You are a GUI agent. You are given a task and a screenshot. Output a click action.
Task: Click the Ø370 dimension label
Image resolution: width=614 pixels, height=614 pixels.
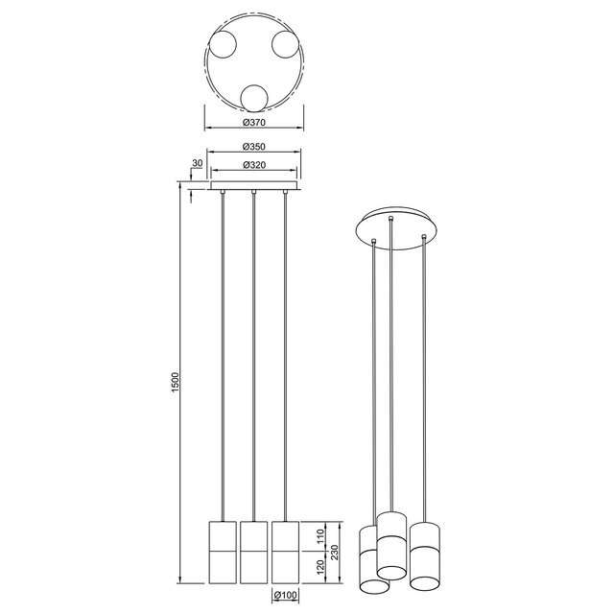coord(254,123)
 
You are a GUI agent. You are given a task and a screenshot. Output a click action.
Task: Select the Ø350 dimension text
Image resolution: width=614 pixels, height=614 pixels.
coord(254,147)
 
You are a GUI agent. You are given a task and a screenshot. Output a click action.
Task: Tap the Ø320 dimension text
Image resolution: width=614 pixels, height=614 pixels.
coord(254,165)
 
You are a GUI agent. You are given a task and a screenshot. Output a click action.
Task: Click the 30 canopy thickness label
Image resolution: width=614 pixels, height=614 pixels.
coord(197,163)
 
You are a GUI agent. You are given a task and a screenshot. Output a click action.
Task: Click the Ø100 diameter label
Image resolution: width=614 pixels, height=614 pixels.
coord(286,597)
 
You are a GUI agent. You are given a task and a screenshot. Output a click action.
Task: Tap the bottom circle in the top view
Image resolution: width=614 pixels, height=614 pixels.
coord(254,97)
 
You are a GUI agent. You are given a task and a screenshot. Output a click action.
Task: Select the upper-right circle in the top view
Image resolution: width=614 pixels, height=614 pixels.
coord(285,44)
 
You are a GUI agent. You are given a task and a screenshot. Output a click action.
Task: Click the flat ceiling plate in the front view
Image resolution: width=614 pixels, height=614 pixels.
coord(254,184)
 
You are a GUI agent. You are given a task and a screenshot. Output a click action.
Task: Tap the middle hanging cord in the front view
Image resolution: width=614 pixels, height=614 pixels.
coord(254,355)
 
